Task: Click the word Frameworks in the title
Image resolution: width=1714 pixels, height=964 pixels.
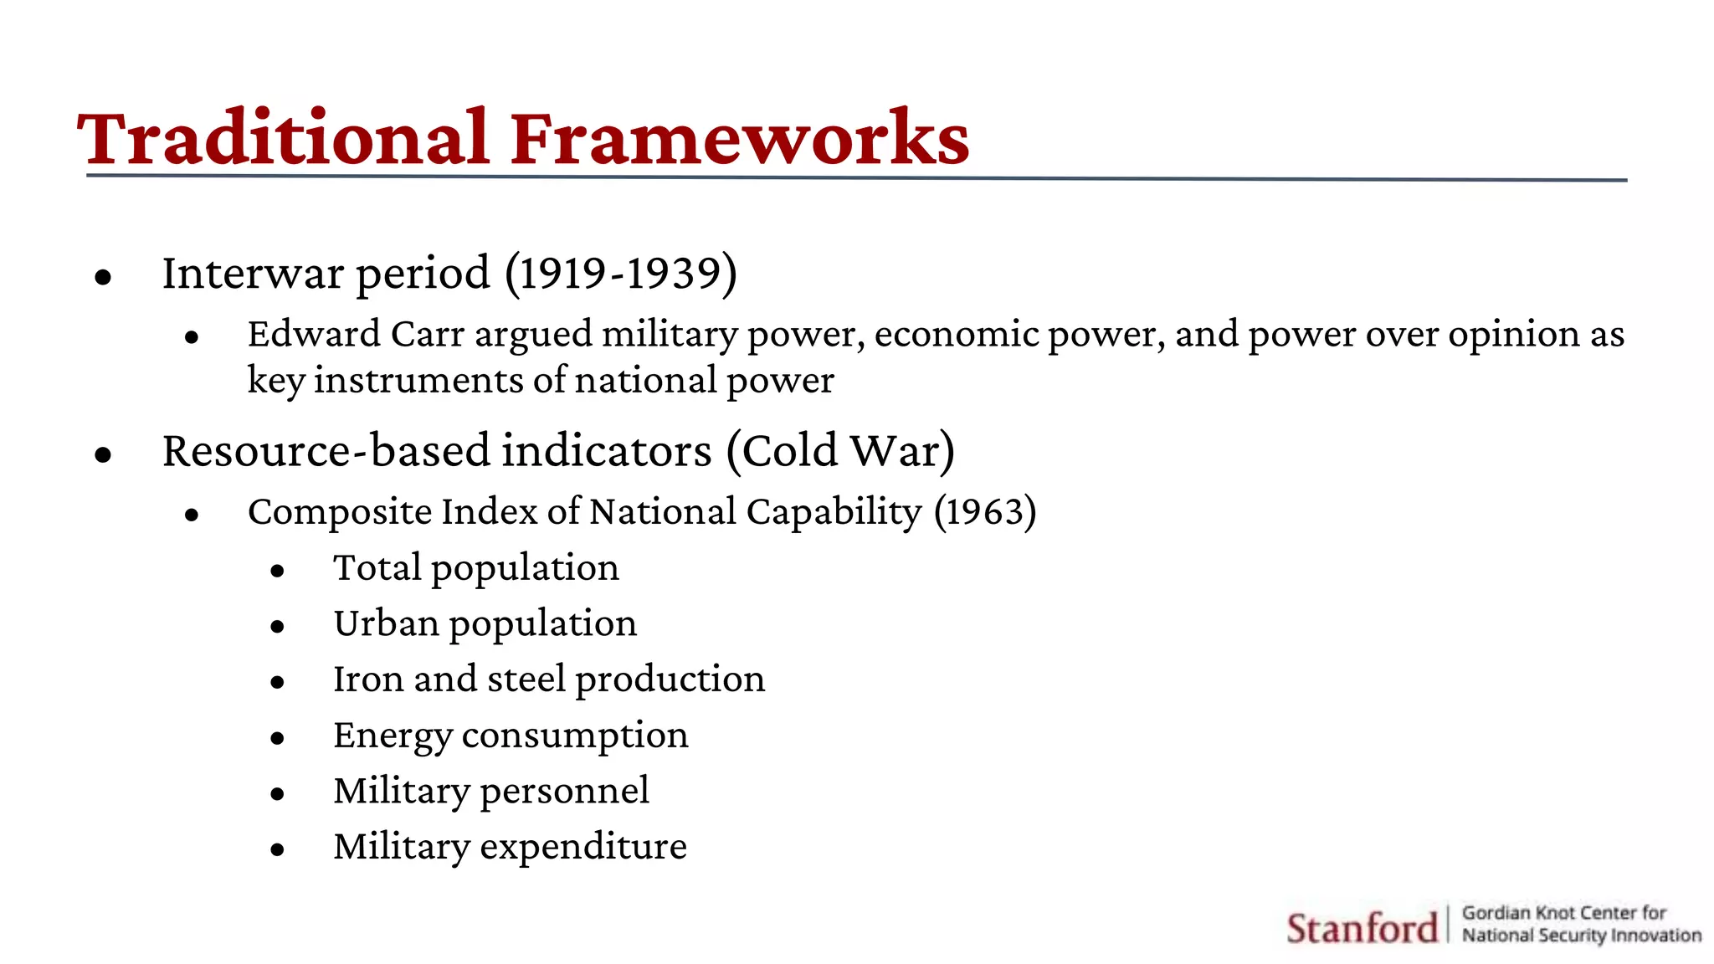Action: click(740, 138)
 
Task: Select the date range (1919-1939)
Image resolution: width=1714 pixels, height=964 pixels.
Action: click(621, 274)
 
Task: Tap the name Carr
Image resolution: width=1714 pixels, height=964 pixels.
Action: click(427, 335)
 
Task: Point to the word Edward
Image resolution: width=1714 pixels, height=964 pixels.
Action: click(314, 335)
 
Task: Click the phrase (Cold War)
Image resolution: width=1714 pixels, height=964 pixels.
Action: click(840, 452)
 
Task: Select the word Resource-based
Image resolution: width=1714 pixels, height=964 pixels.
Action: click(326, 452)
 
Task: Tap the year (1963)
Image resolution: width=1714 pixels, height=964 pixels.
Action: click(985, 512)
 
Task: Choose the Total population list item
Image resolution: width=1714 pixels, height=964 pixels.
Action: click(475, 568)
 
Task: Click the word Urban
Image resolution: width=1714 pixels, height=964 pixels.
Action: click(386, 624)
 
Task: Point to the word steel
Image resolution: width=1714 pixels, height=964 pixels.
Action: click(526, 679)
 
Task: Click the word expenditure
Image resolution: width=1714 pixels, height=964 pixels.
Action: click(582, 847)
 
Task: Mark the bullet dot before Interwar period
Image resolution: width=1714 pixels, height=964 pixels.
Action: click(103, 277)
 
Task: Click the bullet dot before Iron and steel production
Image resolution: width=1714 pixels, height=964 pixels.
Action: click(278, 683)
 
